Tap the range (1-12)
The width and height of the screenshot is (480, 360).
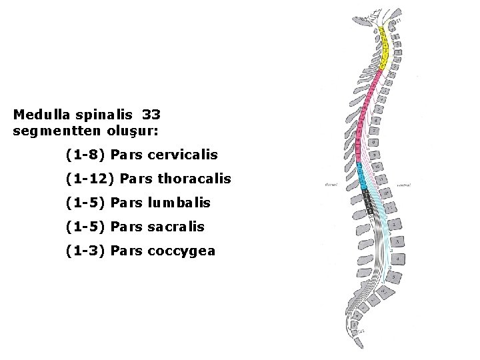89,179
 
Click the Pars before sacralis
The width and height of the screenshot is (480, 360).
127,227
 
